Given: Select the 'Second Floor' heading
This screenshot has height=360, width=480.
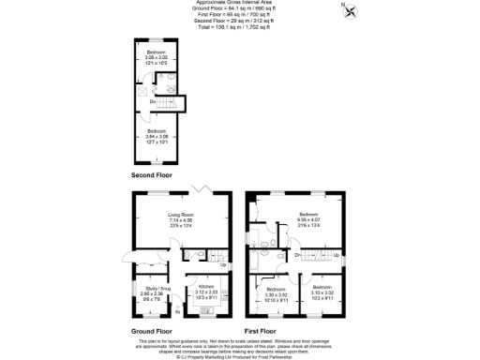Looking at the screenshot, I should (x=152, y=175).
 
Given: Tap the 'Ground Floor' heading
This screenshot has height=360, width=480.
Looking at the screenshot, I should (x=151, y=331).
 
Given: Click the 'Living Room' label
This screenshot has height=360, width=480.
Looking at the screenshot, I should (x=179, y=215).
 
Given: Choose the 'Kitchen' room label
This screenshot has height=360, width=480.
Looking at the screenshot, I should (x=205, y=286).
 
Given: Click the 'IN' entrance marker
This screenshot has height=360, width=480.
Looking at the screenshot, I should (x=174, y=311).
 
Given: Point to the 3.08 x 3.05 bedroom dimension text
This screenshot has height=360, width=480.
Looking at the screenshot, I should (x=156, y=57).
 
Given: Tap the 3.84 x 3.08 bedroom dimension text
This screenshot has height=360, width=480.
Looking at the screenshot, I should (x=156, y=135).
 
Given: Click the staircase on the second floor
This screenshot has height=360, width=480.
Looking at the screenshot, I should (x=169, y=101).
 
